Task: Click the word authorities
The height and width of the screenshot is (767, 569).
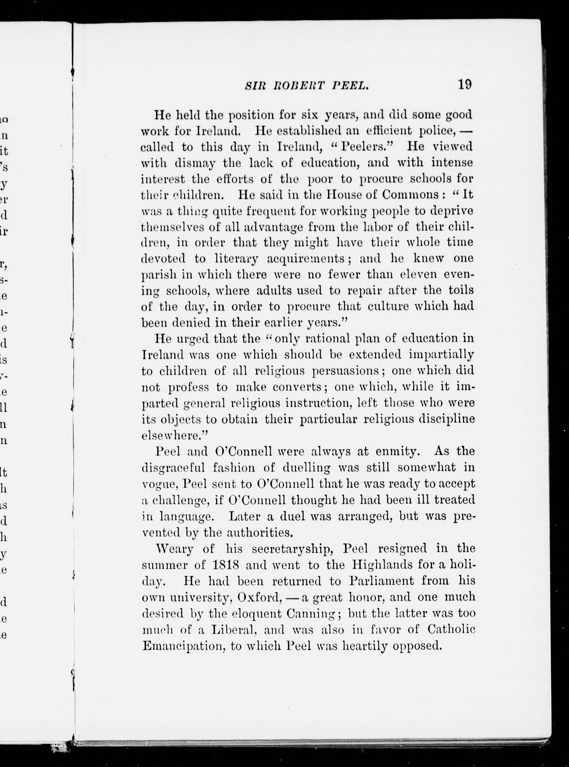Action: tap(259, 533)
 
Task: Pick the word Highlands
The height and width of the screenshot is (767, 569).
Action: tap(376, 565)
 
